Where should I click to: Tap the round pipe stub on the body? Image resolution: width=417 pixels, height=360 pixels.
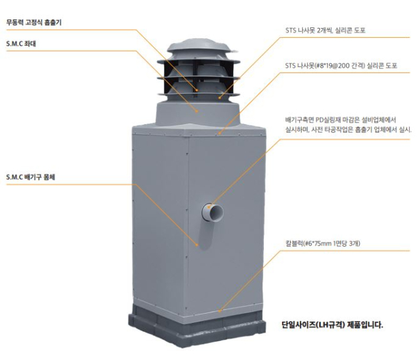click(x=212, y=213)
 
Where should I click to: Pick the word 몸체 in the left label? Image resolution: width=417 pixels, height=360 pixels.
click(x=53, y=176)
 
